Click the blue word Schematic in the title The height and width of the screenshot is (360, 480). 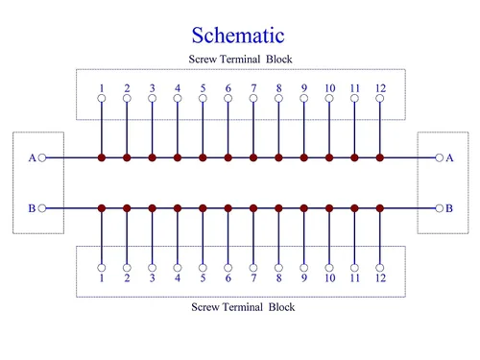pyautogui.click(x=238, y=36)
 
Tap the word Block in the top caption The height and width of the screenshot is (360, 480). pyautogui.click(x=279, y=60)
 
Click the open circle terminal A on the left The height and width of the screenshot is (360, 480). pyautogui.click(x=42, y=157)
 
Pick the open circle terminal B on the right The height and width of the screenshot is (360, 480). pyautogui.click(x=440, y=208)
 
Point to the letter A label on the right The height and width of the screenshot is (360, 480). pyautogui.click(x=449, y=157)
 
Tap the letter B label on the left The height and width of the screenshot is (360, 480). pyautogui.click(x=32, y=208)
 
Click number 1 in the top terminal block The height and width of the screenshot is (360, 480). pyautogui.click(x=102, y=88)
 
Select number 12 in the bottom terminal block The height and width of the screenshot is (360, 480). pyautogui.click(x=380, y=277)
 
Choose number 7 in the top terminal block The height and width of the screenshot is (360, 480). pyautogui.click(x=253, y=88)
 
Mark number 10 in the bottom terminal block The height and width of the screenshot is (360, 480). pyautogui.click(x=330, y=277)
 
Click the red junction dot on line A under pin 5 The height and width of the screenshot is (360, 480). pyautogui.click(x=203, y=157)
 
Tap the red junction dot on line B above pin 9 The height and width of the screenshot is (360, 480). pyautogui.click(x=304, y=208)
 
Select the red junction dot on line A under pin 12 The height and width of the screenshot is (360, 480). pyautogui.click(x=380, y=157)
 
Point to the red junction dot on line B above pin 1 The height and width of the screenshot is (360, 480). pyautogui.click(x=102, y=208)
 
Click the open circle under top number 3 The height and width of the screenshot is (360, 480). pyautogui.click(x=153, y=98)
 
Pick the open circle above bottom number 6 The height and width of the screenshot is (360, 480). pyautogui.click(x=228, y=268)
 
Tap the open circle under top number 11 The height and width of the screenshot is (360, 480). pyautogui.click(x=354, y=98)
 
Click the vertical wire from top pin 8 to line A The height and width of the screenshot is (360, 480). pyautogui.click(x=278, y=128)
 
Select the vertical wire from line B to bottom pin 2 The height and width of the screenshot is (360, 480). pyautogui.click(x=127, y=238)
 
